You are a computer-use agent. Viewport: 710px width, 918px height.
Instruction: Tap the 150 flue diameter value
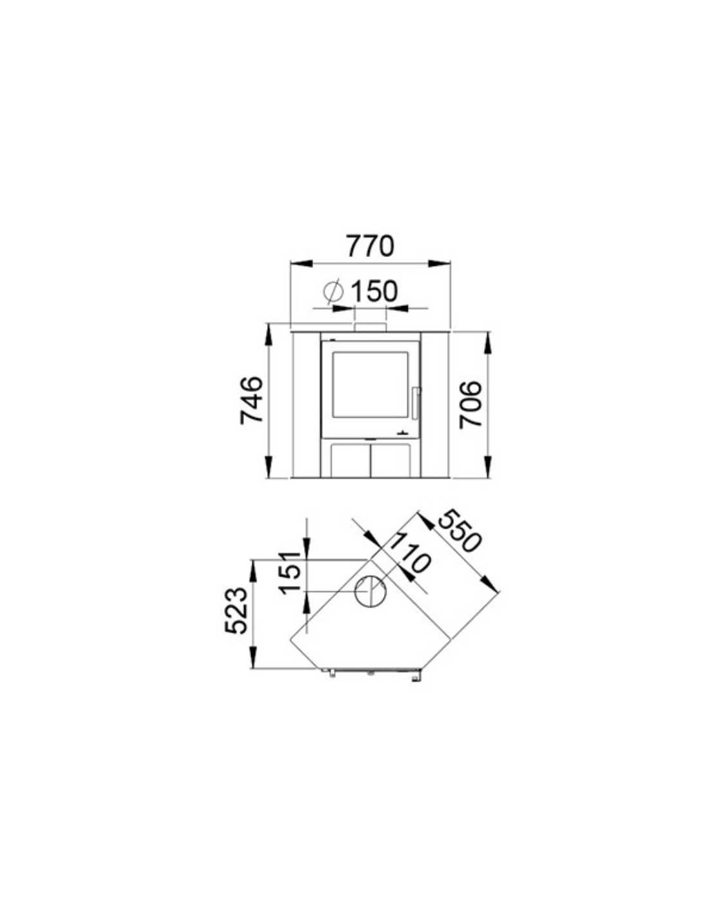click(x=374, y=291)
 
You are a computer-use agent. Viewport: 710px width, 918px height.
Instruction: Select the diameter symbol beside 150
click(x=333, y=291)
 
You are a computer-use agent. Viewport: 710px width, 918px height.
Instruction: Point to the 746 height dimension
click(x=252, y=400)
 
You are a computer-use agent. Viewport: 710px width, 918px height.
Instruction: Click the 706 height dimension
click(x=471, y=405)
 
